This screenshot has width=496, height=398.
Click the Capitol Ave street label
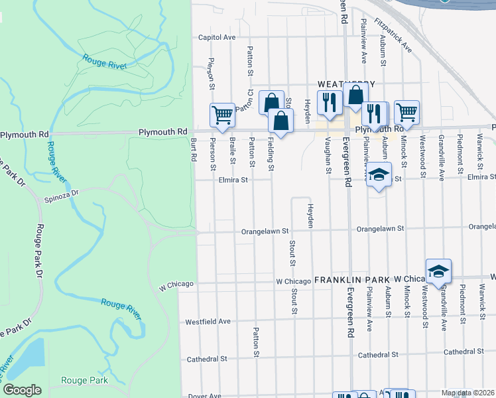pos(217,38)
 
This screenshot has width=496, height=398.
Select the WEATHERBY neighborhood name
pos(346,84)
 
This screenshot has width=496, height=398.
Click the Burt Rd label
pos(194,150)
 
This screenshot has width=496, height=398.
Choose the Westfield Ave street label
pos(208,321)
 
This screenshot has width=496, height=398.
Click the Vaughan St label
pos(328,155)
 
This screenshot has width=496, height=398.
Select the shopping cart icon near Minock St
pos(406,111)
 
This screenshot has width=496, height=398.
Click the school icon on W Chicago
pos(438,271)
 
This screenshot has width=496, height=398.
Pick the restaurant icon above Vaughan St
pos(328,101)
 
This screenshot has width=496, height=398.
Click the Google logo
pos(22,390)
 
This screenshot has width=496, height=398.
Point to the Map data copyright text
pos(467,393)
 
